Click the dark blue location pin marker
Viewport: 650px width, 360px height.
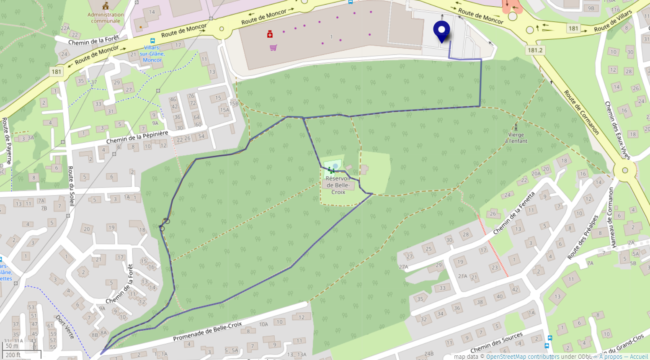[441, 31]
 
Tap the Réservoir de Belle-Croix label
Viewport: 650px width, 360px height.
[338, 185]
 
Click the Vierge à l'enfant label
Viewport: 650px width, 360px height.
[516, 138]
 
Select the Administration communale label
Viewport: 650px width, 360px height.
[106, 18]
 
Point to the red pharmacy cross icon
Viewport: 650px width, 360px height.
[270, 34]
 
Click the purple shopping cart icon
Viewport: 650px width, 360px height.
[273, 48]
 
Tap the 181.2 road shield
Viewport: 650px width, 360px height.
[535, 50]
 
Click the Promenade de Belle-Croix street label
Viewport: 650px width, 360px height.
[207, 332]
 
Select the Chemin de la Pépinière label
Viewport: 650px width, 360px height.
[137, 137]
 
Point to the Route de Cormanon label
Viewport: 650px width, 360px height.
[581, 112]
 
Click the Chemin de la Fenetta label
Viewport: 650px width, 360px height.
[514, 213]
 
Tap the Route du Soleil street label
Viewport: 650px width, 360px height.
[71, 186]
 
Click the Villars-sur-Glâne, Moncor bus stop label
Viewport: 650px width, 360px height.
[152, 54]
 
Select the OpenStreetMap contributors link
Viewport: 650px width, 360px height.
[522, 357]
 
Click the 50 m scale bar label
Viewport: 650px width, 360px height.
[12, 346]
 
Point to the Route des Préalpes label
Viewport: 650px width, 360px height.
[583, 237]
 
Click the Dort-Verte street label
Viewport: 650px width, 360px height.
[65, 327]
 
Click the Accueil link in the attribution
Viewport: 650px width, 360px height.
[639, 357]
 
